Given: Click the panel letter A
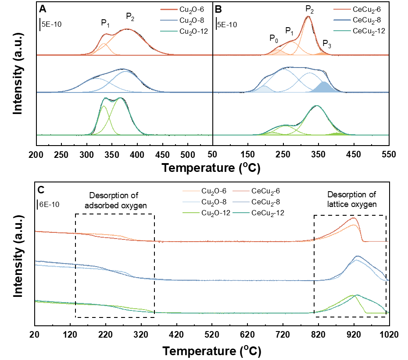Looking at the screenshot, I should [x=43, y=9].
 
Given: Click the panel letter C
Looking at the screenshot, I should [x=41, y=190].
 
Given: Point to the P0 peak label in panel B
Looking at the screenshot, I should [x=274, y=39].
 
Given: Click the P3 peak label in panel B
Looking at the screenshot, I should [x=327, y=43].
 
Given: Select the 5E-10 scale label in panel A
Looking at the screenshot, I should [x=51, y=24].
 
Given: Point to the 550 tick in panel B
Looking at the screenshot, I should [x=389, y=154].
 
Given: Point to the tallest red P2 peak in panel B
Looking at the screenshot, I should [x=308, y=18].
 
